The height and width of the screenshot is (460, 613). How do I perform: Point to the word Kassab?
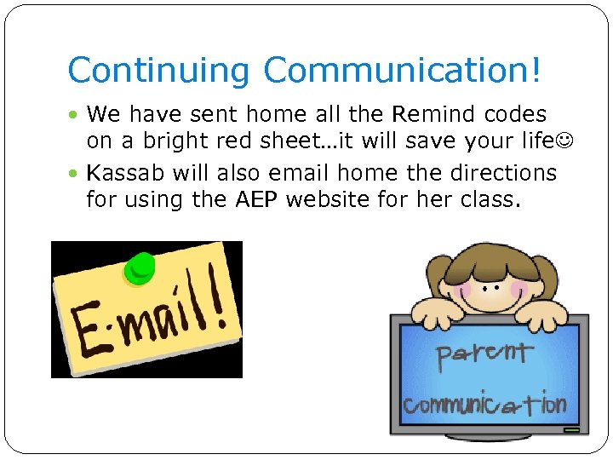[x=127, y=173]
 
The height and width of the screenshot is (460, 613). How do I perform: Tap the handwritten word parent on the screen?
[x=484, y=354]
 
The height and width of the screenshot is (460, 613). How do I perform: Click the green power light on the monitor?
[x=570, y=430]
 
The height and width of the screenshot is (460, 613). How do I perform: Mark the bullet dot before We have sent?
[x=75, y=115]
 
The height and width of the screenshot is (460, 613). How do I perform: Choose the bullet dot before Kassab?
[x=75, y=174]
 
